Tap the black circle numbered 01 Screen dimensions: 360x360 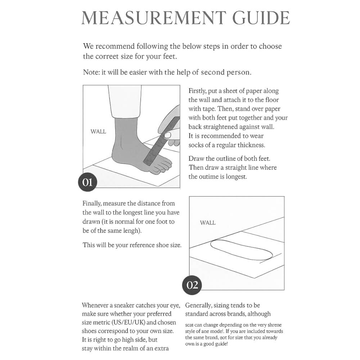[x=87, y=182]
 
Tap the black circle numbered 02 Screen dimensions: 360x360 [x=192, y=285]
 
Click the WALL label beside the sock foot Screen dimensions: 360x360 [x=98, y=132]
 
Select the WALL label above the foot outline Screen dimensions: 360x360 [x=208, y=223]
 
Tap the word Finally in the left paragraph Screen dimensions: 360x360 [x=93, y=204]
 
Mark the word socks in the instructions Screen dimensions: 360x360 [x=196, y=145]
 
